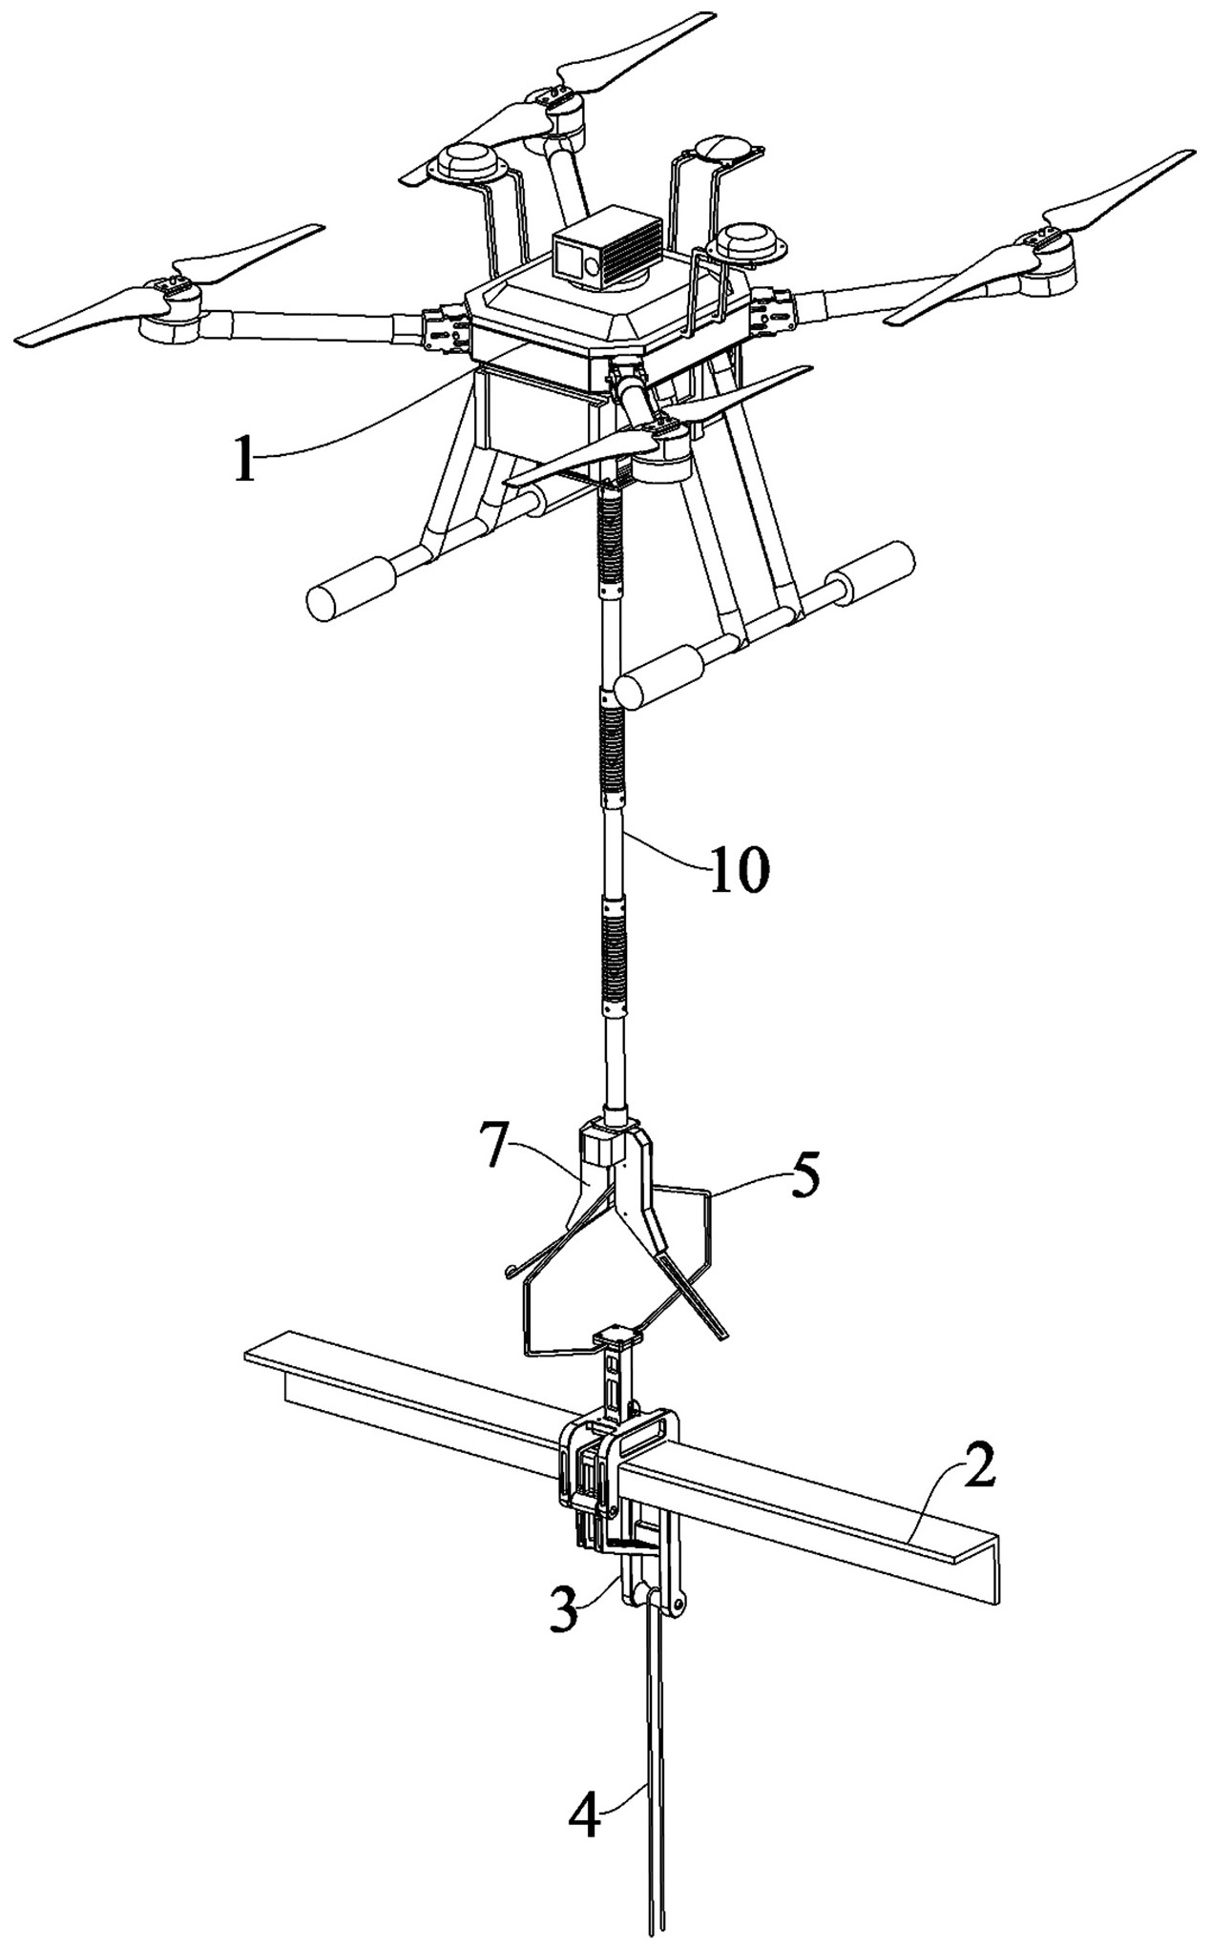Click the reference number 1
tap(245, 462)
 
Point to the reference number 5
tap(804, 1179)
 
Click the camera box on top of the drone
tap(607, 249)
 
